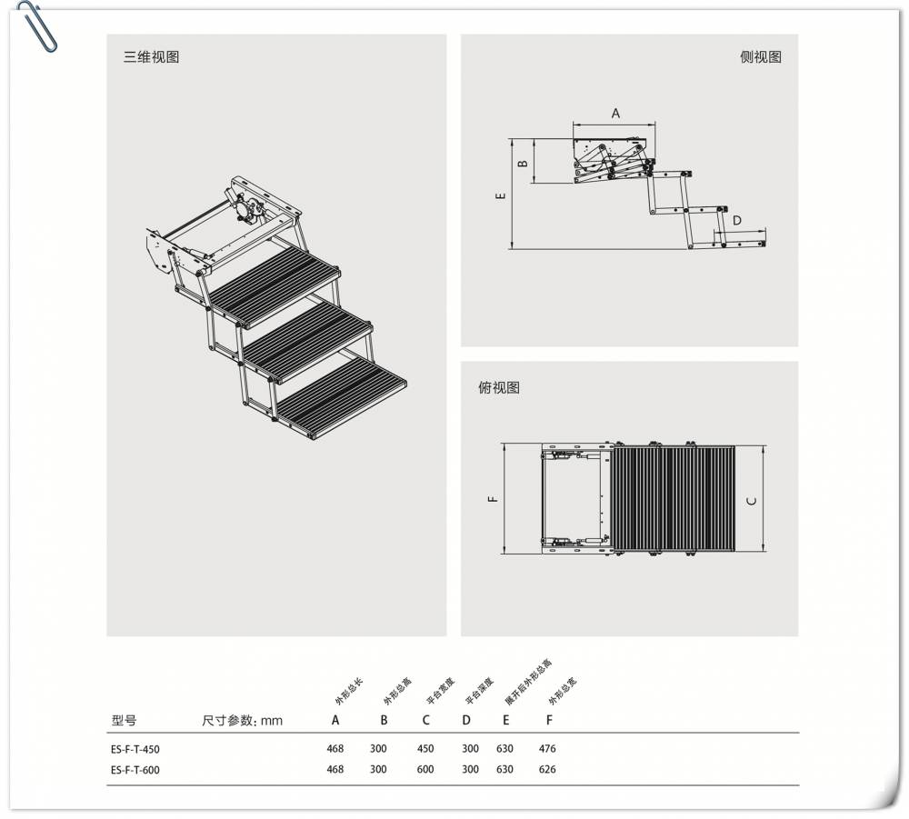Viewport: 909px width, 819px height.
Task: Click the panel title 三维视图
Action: click(152, 56)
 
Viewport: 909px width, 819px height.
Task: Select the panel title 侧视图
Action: click(760, 56)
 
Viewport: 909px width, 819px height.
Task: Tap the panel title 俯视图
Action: click(499, 387)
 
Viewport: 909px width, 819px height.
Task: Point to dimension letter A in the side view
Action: click(614, 114)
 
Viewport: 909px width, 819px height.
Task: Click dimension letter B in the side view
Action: click(522, 164)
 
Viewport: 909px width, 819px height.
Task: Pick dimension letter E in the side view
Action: click(499, 195)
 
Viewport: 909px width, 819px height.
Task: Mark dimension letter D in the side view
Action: click(737, 220)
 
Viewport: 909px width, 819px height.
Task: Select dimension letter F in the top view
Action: click(492, 498)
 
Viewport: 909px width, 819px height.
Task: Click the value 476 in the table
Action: click(546, 749)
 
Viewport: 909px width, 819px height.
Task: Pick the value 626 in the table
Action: click(546, 769)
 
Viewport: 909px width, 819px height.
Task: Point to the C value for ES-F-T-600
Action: click(425, 769)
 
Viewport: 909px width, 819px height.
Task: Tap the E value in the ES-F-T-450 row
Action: click(504, 749)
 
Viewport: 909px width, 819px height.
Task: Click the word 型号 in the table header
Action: click(124, 720)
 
